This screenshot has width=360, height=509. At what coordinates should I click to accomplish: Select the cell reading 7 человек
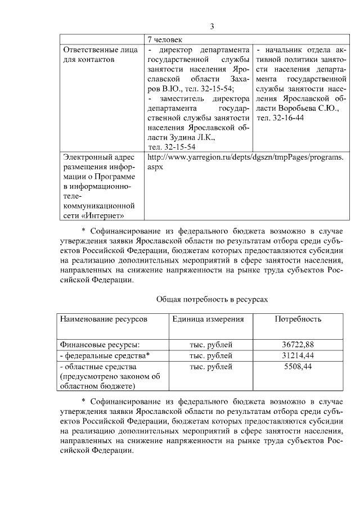[x=165, y=39]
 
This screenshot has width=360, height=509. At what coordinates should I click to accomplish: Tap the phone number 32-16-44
[x=280, y=118]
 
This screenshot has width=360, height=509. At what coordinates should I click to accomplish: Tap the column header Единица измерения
[x=208, y=319]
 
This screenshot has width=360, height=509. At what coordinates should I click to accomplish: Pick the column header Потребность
[x=298, y=319]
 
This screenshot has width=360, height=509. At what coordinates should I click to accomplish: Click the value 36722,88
[x=298, y=344]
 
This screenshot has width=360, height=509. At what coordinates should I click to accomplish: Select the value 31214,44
[x=298, y=355]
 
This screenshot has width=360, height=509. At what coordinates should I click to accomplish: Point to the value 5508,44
[x=298, y=367]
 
